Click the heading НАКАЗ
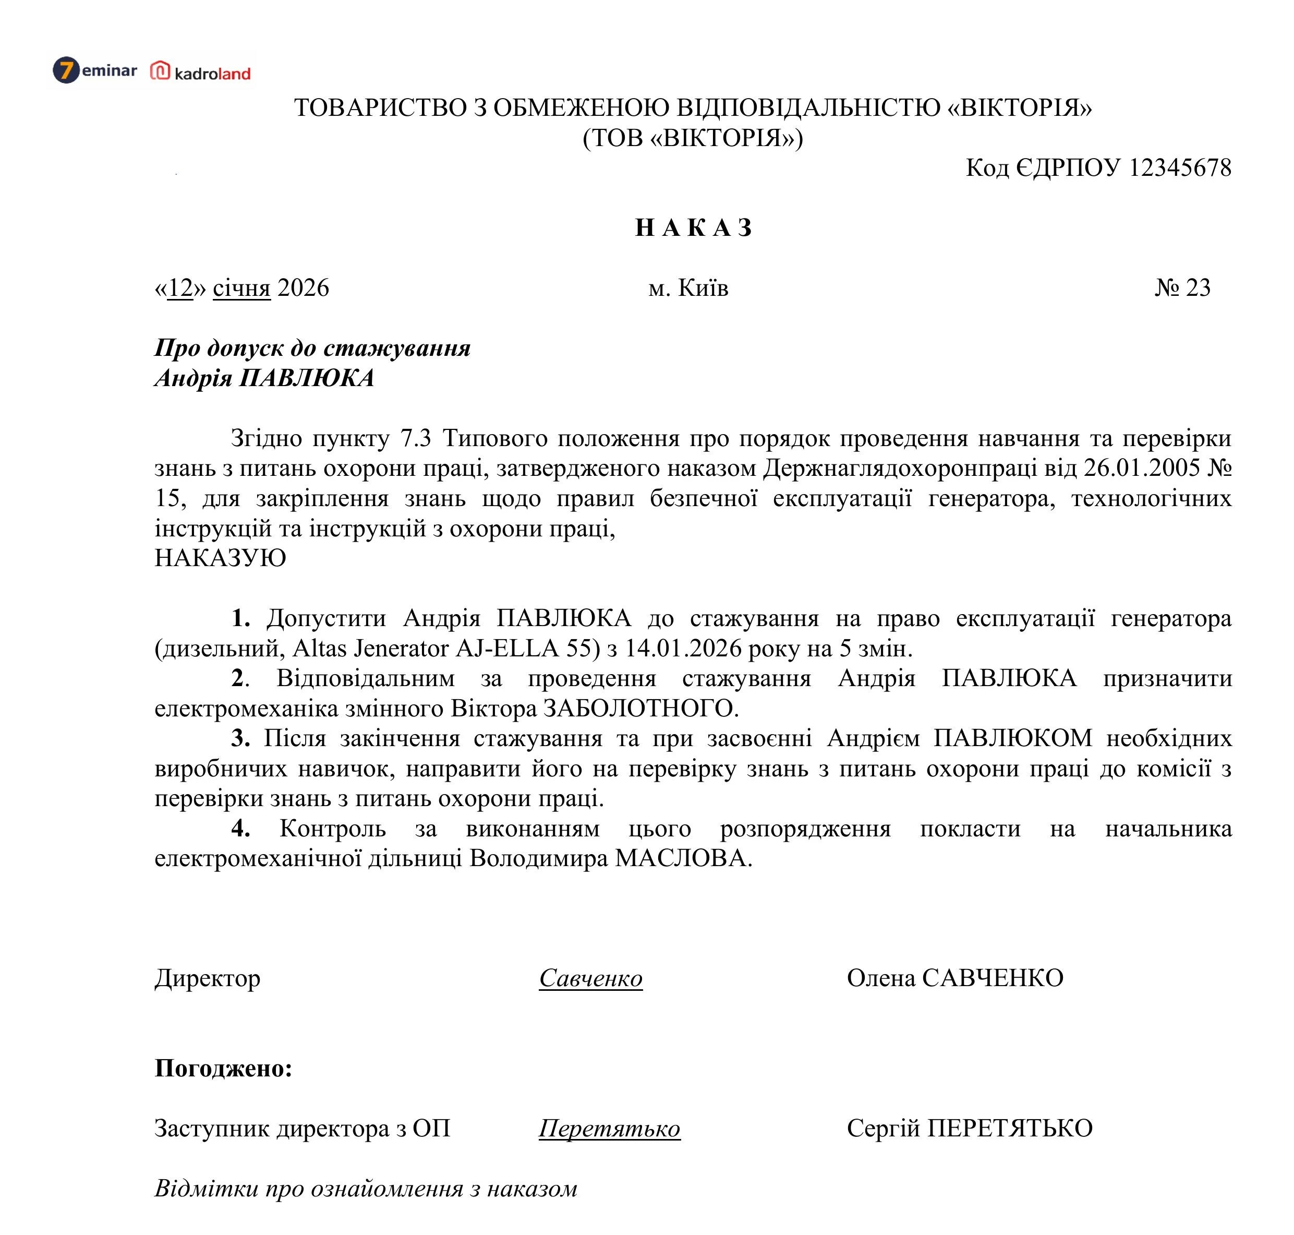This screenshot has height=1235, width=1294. click(693, 228)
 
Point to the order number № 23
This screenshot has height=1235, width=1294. click(1182, 287)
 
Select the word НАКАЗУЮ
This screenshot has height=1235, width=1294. click(220, 558)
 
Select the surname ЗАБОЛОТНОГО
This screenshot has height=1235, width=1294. click(640, 709)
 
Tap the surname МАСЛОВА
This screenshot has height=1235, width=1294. click(683, 858)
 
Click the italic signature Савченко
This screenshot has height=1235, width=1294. click(590, 978)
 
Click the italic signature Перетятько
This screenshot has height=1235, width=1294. click(609, 1129)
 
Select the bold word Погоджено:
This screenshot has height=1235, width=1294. click(223, 1068)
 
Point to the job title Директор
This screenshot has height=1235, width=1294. click(208, 978)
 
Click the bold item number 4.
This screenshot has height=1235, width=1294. click(240, 828)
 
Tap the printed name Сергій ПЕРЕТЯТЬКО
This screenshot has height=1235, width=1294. click(969, 1129)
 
